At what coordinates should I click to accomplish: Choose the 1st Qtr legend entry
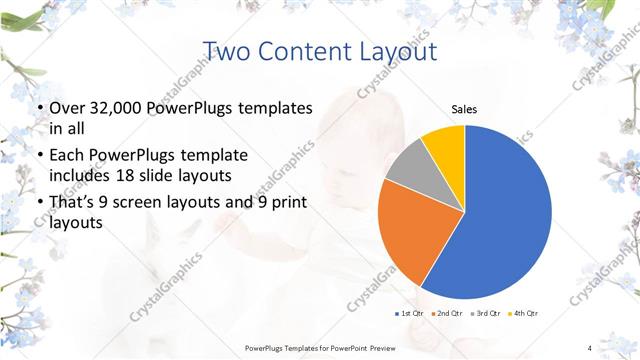point(410,315)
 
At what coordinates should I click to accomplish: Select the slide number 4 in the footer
point(589,347)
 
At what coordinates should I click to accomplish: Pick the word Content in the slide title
point(305,51)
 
